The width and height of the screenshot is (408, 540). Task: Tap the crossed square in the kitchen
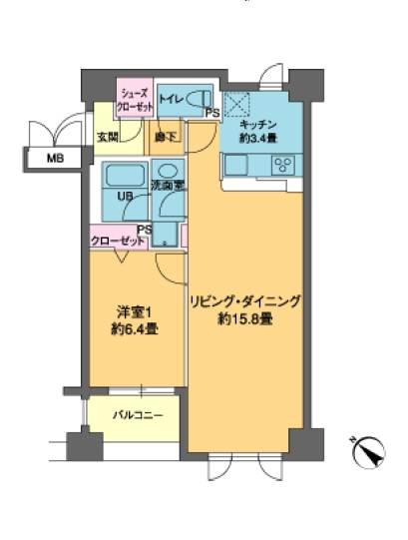coord(235,103)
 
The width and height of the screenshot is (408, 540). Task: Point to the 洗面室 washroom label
coord(166,186)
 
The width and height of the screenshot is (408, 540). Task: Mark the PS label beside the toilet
coord(211,114)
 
